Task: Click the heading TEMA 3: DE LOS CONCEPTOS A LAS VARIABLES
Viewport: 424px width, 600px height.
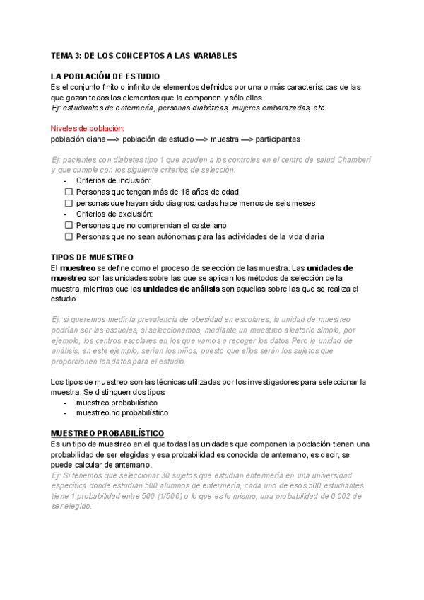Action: [143, 55]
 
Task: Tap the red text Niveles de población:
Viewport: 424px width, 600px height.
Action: [87, 128]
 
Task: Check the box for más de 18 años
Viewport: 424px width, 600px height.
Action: [69, 192]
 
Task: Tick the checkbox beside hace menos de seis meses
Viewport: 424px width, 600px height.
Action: [69, 203]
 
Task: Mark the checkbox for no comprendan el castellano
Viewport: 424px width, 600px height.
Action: [69, 226]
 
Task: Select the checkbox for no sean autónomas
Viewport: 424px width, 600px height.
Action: [69, 237]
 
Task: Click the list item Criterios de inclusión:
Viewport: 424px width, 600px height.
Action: [113, 180]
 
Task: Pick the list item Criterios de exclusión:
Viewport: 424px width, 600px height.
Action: [114, 214]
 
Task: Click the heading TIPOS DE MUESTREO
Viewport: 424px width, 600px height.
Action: [92, 258]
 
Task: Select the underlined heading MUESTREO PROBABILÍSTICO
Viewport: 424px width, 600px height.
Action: [107, 432]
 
